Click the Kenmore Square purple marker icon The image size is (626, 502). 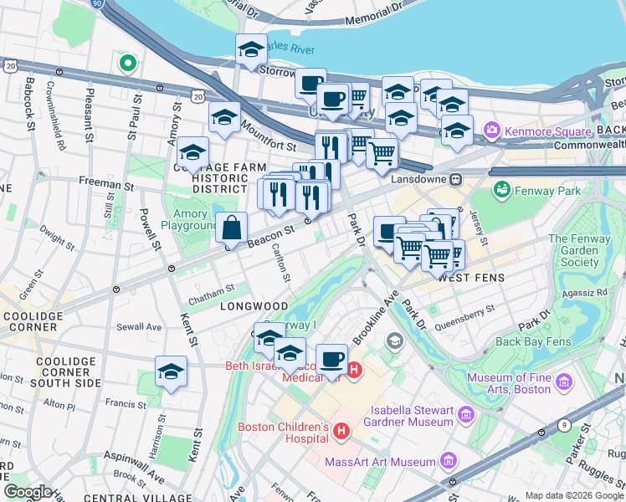pos(490,131)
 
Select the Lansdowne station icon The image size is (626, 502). pos(456,179)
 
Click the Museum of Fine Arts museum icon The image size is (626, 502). pos(563,382)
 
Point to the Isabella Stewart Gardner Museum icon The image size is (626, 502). pos(466,414)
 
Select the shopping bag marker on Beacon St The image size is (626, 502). pos(231,228)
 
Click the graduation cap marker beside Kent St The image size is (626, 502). pos(171,372)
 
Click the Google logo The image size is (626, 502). pos(27,492)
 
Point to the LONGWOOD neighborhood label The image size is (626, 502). pos(254,307)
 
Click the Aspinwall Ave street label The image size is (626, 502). pos(133,470)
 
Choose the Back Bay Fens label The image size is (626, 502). pos(532,341)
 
